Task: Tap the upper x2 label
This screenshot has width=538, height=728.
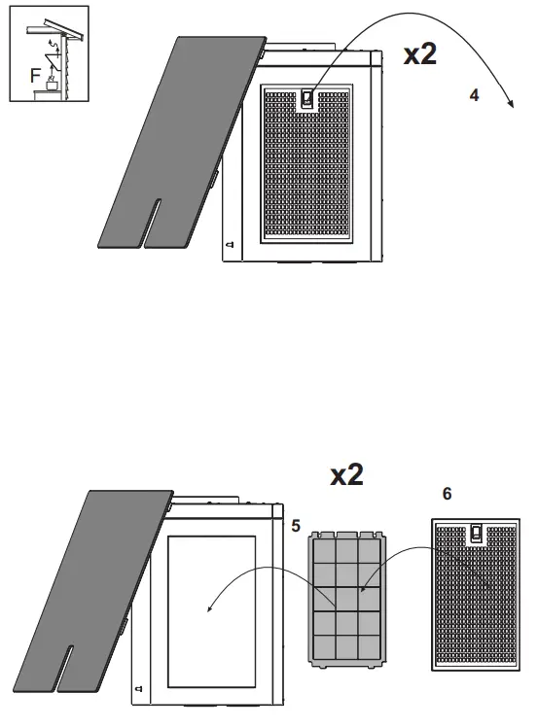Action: coord(420,54)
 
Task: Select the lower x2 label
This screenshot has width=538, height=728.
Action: coord(346,474)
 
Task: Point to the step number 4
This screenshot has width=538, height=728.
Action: coord(473,96)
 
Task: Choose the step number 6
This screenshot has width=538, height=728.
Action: coord(447,494)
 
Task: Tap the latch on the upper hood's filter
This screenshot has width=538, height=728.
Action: coord(308,98)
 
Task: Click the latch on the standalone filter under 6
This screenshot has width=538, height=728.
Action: coord(476,533)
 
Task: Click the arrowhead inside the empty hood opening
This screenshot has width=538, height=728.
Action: coord(208,608)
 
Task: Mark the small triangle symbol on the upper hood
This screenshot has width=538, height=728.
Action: coord(229,247)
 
